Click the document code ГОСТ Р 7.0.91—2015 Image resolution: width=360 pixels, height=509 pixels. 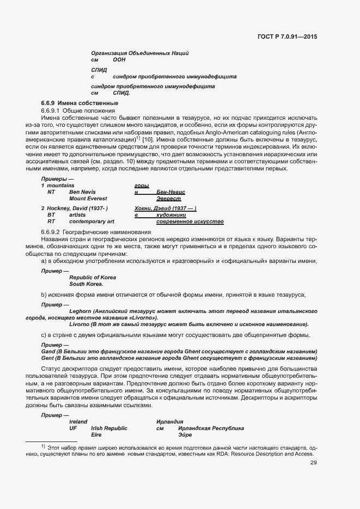286,36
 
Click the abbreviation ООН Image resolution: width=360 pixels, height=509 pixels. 119,59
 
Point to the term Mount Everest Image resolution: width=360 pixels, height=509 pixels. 88,199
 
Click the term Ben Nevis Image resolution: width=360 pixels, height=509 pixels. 82,192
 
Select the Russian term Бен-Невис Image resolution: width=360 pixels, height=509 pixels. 170,192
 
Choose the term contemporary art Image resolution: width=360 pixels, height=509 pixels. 92,222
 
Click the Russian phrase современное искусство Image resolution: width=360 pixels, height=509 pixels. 190,222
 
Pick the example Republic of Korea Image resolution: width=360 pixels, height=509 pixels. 92,278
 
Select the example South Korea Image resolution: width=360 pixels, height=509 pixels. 86,284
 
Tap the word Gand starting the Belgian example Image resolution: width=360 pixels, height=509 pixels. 48,352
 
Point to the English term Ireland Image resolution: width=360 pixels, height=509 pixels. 78,422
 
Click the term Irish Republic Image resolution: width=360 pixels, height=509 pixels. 109,428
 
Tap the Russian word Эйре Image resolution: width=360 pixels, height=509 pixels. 185,436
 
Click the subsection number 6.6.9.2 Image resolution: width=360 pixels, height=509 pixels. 51,232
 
